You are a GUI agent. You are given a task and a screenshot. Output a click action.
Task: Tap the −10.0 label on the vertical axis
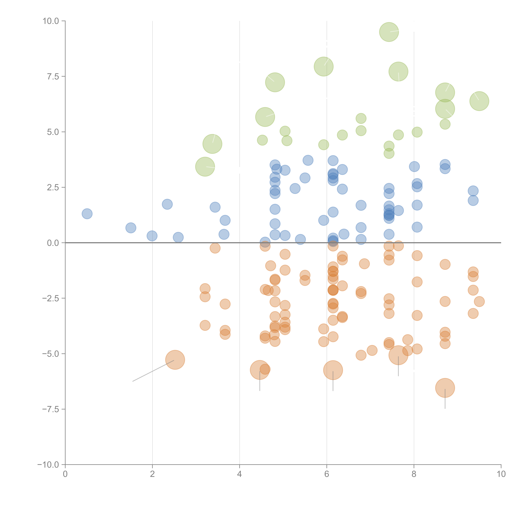(48, 465)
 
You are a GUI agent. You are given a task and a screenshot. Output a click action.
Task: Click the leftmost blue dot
(87, 214)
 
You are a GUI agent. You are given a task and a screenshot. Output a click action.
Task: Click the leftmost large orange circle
(175, 360)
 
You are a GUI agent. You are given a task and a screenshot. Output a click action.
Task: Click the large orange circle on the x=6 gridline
(333, 370)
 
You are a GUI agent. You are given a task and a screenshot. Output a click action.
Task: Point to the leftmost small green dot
(262, 140)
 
